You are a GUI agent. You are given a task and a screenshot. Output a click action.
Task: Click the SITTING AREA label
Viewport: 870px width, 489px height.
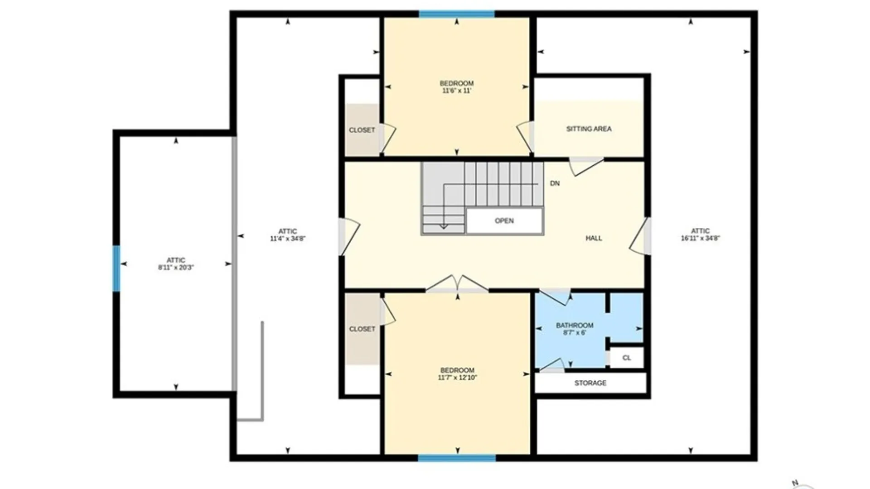589,129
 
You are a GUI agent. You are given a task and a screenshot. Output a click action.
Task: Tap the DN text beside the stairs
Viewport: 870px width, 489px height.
555,183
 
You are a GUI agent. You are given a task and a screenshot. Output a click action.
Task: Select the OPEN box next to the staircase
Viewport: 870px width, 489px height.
504,221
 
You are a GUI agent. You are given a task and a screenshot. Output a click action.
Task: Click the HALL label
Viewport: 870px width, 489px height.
594,238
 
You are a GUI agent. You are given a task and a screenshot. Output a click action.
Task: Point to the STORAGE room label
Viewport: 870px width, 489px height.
590,383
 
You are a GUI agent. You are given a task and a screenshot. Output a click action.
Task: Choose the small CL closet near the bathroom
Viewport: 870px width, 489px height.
626,358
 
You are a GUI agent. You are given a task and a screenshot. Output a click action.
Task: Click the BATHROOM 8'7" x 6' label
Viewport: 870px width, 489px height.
575,329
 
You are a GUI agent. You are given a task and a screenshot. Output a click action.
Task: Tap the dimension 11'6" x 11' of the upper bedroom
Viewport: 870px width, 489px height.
457,91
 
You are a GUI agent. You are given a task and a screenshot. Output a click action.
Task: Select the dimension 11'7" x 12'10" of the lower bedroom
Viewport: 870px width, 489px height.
457,378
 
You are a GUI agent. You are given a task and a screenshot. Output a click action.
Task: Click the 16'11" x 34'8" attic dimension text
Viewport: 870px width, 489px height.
700,238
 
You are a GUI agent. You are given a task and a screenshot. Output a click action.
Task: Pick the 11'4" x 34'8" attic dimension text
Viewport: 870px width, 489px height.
288,239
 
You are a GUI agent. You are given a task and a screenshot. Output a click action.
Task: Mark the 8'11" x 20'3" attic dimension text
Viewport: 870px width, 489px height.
176,268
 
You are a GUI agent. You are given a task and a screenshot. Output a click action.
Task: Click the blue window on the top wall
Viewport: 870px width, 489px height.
457,14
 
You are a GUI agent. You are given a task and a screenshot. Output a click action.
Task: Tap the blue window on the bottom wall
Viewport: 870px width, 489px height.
457,458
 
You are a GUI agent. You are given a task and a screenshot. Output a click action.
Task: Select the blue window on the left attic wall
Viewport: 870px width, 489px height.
116,268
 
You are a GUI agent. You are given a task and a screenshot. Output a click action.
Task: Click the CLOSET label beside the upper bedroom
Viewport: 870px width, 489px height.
362,130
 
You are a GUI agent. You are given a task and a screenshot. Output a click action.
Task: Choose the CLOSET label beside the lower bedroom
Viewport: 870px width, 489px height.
362,329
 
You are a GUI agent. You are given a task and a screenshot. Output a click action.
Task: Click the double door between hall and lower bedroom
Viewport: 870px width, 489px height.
457,283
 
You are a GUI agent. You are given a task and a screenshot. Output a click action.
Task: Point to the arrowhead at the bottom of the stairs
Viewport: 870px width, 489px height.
444,226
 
